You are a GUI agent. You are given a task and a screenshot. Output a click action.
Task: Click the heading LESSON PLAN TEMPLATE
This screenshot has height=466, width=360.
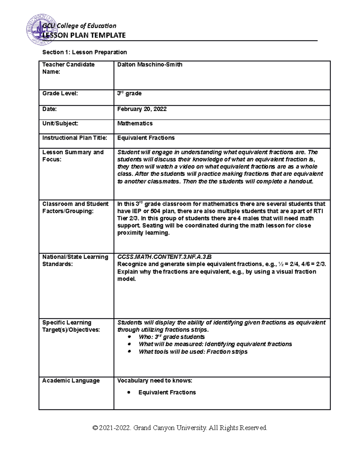point(84,35)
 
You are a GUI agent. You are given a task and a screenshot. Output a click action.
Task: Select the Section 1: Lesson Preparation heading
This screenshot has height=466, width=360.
point(85,52)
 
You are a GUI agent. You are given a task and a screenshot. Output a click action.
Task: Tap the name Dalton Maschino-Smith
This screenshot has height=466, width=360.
point(150,65)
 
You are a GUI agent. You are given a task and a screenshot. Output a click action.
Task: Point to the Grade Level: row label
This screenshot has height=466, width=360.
point(60,93)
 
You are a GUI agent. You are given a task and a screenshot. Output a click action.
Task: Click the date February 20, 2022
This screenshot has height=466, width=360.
point(142,109)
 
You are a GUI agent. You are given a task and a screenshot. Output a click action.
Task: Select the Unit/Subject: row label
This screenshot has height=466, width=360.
point(60,123)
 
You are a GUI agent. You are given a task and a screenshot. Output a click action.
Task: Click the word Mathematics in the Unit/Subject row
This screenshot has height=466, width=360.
point(135,123)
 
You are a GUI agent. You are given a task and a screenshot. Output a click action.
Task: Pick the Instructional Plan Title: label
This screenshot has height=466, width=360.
point(75,138)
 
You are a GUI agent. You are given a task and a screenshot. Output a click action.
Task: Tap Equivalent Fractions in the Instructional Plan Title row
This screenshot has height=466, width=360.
point(146,138)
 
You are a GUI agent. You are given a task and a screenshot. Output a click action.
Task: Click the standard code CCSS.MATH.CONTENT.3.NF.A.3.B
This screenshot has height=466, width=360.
point(164,257)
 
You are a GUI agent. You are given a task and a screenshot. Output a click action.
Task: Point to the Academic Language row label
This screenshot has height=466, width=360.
point(71,380)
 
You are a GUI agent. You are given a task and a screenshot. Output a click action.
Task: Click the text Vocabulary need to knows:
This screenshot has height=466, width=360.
point(154,380)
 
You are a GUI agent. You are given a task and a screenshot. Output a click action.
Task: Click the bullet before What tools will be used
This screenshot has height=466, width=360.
point(129,351)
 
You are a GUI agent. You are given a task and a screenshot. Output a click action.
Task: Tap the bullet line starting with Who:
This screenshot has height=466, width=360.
point(172,337)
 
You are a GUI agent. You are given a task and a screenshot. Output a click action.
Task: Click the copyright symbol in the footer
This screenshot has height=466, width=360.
point(95,428)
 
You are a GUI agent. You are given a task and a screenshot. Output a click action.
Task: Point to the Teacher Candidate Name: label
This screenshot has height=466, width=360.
point(68,68)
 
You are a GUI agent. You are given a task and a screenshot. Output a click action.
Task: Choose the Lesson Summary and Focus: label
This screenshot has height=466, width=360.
point(73,156)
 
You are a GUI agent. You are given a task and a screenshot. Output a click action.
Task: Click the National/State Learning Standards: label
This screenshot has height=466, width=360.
point(75,260)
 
